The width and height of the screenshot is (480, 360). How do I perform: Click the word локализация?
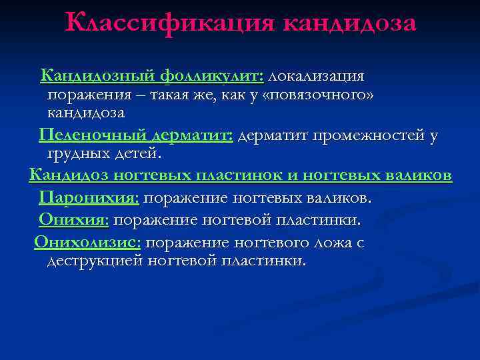[317, 76]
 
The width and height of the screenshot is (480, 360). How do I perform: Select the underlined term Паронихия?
[89, 198]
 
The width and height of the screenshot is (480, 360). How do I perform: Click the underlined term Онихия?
[73, 219]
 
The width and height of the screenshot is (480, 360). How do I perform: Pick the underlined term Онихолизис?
[87, 242]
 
